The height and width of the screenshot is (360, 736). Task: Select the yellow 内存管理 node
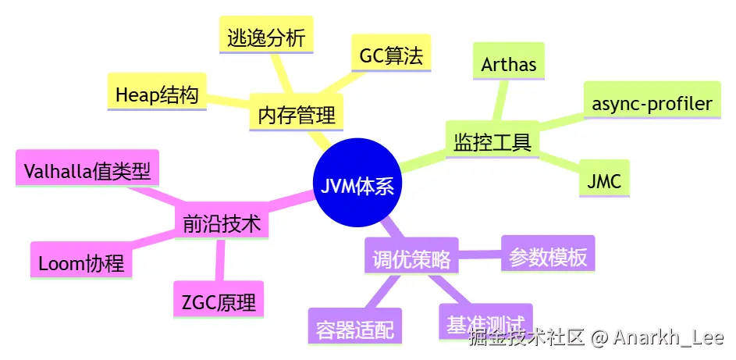click(296, 116)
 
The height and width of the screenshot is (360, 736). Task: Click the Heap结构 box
click(156, 95)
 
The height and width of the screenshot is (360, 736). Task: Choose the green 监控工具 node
click(492, 142)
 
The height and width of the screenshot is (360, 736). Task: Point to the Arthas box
click(509, 64)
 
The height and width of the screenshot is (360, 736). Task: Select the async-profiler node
click(652, 103)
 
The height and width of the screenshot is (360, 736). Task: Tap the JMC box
click(604, 182)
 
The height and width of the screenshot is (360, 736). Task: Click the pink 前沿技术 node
click(221, 225)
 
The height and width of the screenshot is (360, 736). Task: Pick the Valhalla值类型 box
click(87, 169)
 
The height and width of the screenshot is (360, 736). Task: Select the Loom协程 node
click(81, 262)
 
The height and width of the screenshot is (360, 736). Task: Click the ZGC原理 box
click(218, 301)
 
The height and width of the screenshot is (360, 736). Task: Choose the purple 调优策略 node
click(411, 259)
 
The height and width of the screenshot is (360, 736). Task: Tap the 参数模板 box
click(548, 256)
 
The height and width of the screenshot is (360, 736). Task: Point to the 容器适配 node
click(354, 329)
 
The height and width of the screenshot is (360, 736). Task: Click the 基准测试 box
click(485, 323)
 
